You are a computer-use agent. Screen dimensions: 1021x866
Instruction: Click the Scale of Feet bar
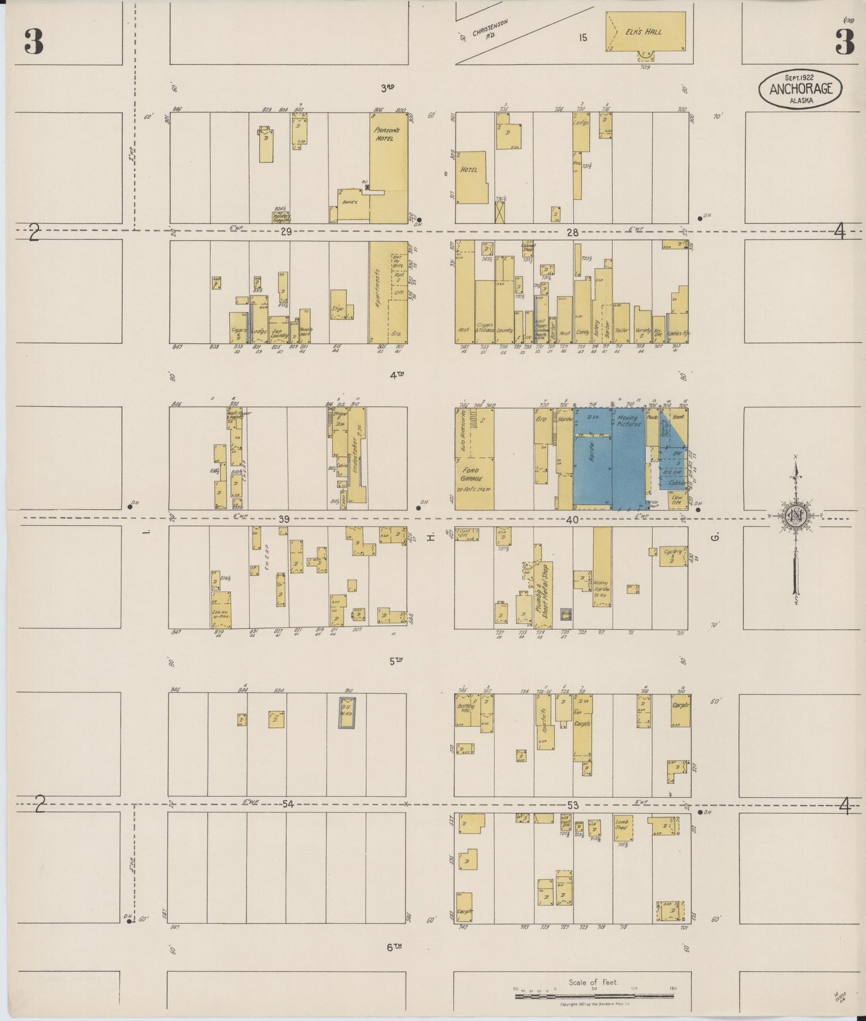coord(602,996)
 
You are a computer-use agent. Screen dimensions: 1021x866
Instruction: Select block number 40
coord(572,519)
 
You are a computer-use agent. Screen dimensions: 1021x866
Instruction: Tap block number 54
coord(288,804)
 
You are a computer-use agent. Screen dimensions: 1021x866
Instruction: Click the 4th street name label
coord(397,376)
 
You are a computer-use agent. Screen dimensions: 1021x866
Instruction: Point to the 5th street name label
coord(396,661)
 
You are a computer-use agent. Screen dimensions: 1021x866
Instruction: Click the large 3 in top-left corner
coord(34,41)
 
